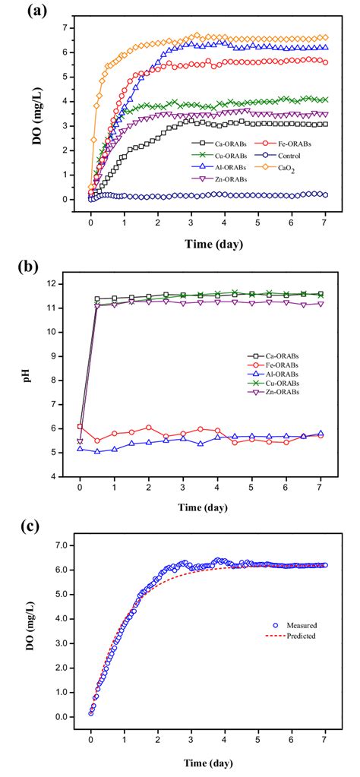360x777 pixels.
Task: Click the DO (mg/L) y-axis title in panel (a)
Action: [42, 111]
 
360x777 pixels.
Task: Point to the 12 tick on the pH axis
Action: [64, 284]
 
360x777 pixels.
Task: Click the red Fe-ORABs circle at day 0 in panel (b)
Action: [81, 426]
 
